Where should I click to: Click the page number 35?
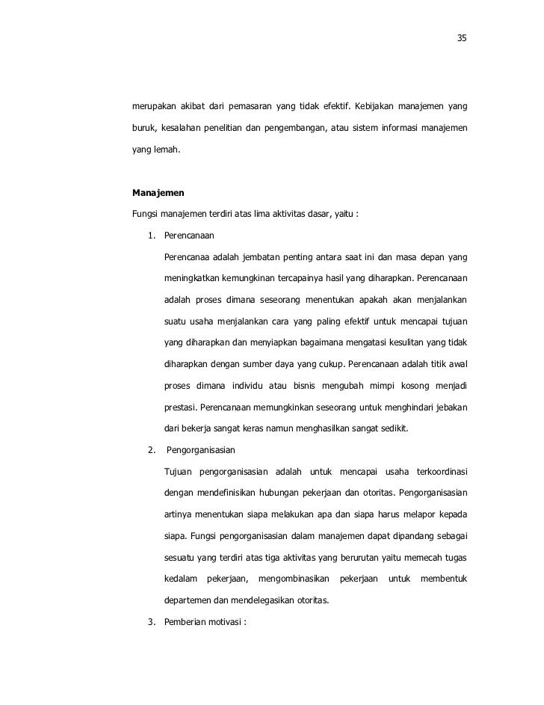click(x=462, y=38)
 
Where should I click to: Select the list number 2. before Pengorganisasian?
click(x=152, y=450)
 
